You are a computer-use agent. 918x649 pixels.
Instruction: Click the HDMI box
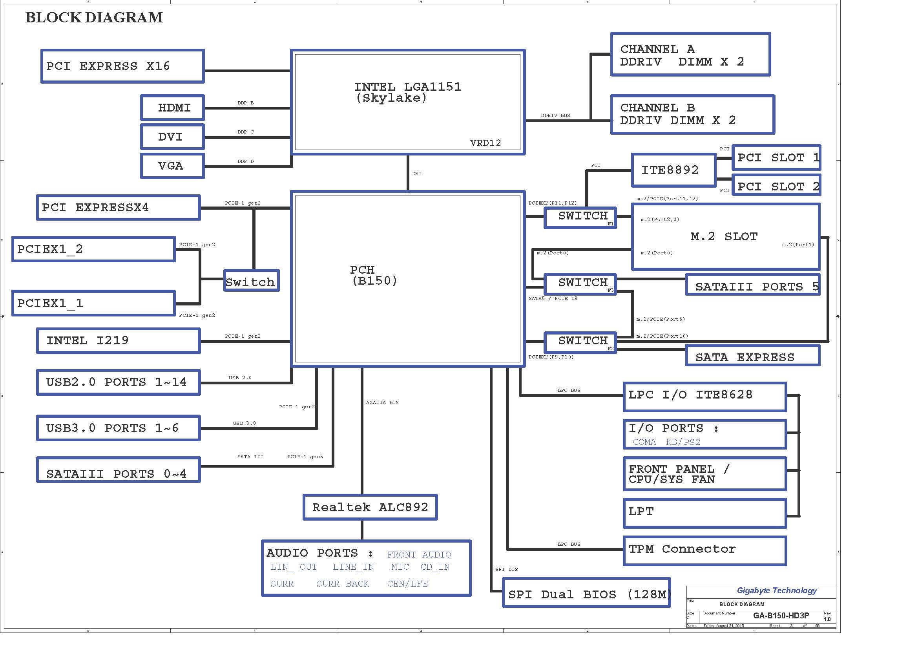(x=172, y=108)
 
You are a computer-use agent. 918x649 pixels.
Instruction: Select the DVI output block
(x=172, y=137)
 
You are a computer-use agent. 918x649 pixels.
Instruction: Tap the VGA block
(x=172, y=166)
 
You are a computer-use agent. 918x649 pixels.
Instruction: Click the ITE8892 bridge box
(x=673, y=170)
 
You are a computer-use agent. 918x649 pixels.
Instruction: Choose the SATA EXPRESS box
(x=752, y=356)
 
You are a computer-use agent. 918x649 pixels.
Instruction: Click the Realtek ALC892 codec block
(x=370, y=507)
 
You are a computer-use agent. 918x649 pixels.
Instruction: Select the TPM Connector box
(x=705, y=550)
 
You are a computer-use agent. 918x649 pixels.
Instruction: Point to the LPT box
(x=705, y=513)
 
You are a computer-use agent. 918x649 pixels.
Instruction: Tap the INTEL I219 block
(x=119, y=341)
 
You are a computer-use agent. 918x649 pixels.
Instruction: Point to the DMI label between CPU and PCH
(x=417, y=174)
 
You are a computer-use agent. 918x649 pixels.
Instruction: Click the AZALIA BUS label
(x=382, y=402)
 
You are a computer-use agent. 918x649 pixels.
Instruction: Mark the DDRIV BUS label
(x=555, y=115)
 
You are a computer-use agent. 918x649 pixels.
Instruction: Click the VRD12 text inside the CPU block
(x=485, y=143)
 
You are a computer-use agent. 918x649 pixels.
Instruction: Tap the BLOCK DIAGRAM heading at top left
(x=94, y=18)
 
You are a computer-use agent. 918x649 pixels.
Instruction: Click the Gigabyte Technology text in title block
(x=777, y=590)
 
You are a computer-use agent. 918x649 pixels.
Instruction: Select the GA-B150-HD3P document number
(x=781, y=615)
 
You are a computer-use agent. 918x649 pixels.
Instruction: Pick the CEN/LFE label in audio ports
(x=407, y=584)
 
